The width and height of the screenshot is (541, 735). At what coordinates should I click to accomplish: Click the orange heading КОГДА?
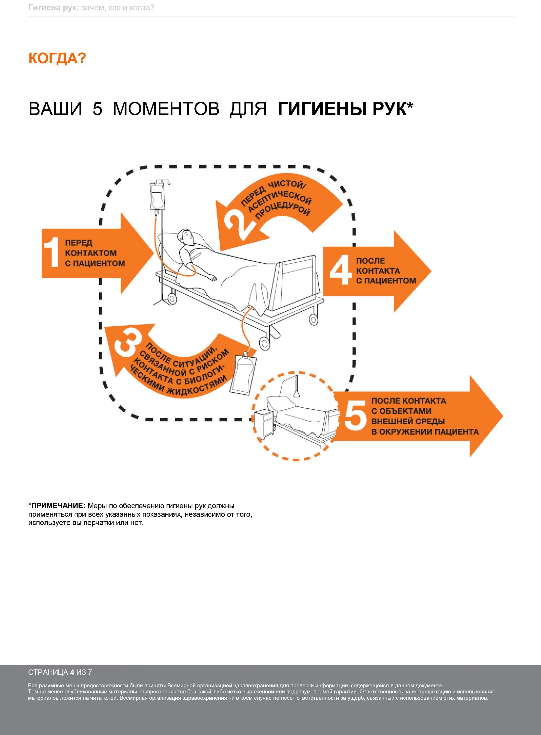click(x=57, y=59)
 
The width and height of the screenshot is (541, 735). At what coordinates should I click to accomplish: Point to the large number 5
click(x=355, y=416)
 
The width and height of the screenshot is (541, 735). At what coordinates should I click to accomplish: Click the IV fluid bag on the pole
click(x=157, y=196)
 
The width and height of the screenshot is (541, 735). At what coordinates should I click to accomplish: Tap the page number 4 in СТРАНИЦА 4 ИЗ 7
click(x=72, y=673)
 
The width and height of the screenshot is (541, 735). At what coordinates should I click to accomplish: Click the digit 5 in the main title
click(x=97, y=109)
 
